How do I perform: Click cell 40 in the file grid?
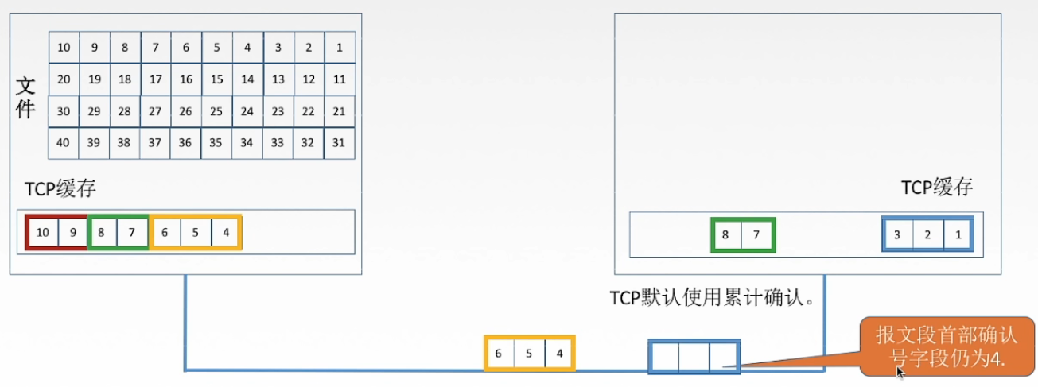(x=64, y=143)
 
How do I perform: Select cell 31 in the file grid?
(x=340, y=143)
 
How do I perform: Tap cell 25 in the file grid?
(x=216, y=111)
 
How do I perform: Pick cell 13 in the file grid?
(x=278, y=79)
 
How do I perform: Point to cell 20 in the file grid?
(x=64, y=79)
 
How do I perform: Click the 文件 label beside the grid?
(x=25, y=99)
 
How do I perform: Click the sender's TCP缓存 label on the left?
(x=60, y=188)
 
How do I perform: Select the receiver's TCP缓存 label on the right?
(x=936, y=188)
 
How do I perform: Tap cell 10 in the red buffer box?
(x=43, y=233)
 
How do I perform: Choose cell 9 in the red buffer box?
(x=72, y=233)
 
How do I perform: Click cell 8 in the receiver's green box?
(x=725, y=235)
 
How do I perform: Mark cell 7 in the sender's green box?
(x=132, y=233)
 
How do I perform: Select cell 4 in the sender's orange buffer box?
(x=226, y=233)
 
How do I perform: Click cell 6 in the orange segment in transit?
(x=499, y=354)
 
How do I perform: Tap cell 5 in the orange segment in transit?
(x=529, y=354)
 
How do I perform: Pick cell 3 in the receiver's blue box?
(x=897, y=235)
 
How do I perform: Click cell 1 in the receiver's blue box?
(x=958, y=235)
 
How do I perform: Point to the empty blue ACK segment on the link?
(x=694, y=357)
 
